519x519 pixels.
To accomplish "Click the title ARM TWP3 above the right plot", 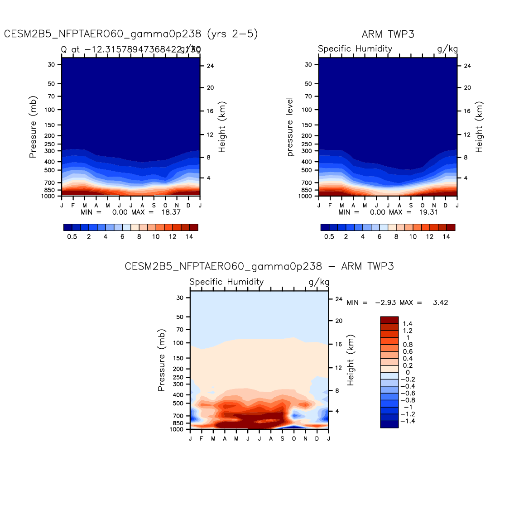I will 388,34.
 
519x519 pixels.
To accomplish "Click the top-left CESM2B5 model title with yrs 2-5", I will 131,34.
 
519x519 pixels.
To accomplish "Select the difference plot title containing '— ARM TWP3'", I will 259,266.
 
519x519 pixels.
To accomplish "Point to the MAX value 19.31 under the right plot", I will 428,212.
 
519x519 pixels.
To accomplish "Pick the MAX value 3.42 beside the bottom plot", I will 440,303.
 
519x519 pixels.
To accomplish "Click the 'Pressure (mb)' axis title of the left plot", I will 33,127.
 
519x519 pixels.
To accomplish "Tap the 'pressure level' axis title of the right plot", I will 290,127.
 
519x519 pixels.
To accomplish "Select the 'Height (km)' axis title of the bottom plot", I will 351,360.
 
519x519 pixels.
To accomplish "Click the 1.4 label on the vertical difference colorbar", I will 408,324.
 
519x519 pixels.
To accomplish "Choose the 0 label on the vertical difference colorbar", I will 408,372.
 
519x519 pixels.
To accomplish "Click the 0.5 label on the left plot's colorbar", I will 72,237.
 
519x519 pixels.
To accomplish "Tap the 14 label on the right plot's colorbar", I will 447,237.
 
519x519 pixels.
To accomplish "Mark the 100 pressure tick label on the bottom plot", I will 178,343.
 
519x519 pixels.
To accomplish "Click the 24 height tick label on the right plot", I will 467,66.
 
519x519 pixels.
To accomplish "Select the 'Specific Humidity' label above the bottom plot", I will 226,282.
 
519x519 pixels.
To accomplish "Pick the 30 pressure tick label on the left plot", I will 51,65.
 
